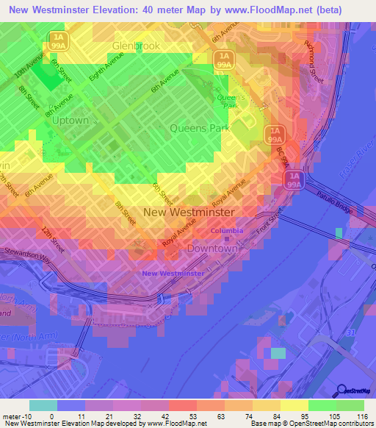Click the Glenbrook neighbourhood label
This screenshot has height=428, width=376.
tap(136, 46)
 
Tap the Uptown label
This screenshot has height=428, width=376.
tap(70, 120)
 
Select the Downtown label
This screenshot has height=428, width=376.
tap(212, 249)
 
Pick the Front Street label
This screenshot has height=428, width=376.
tap(270, 221)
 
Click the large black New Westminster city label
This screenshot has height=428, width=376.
tap(189, 212)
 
